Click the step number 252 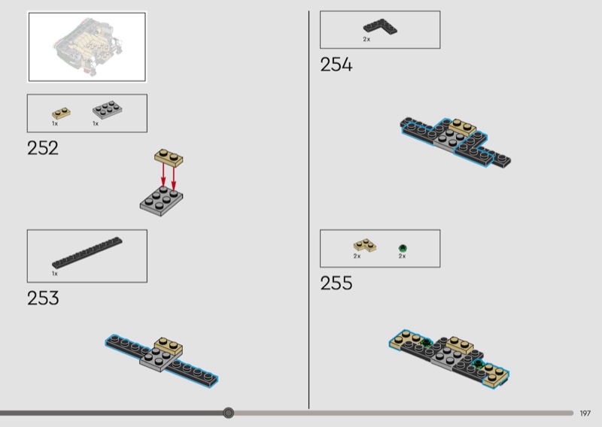click(43, 148)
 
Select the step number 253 click(43, 298)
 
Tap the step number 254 click(336, 65)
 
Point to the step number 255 click(336, 283)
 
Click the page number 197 click(585, 413)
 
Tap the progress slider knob click(229, 413)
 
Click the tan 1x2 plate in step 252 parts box click(61, 114)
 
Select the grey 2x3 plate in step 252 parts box click(108, 110)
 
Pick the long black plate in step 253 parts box click(87, 253)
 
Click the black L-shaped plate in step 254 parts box click(380, 27)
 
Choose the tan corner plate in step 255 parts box click(364, 245)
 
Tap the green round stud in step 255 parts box click(403, 248)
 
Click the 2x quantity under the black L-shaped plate click(366, 39)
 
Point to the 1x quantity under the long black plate click(55, 274)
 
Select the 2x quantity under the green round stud click(402, 256)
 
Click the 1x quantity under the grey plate click(96, 123)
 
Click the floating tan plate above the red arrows click(169, 158)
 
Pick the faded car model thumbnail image click(87, 47)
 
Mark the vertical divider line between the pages click(309, 210)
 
